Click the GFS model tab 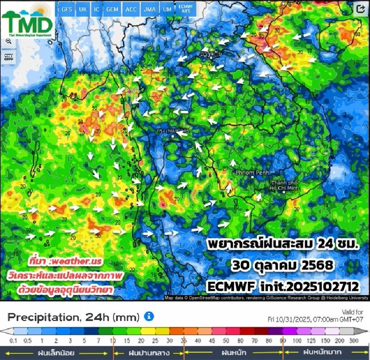pyautogui.click(x=67, y=10)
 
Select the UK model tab pyautogui.click(x=83, y=10)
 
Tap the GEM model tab pyautogui.click(x=112, y=10)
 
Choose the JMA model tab pyautogui.click(x=148, y=10)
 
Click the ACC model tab pyautogui.click(x=131, y=10)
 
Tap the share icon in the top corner pyautogui.click(x=361, y=9)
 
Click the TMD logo pyautogui.click(x=28, y=21)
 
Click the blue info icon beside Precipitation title pyautogui.click(x=149, y=317)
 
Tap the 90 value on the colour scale pyautogui.click(x=283, y=341)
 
